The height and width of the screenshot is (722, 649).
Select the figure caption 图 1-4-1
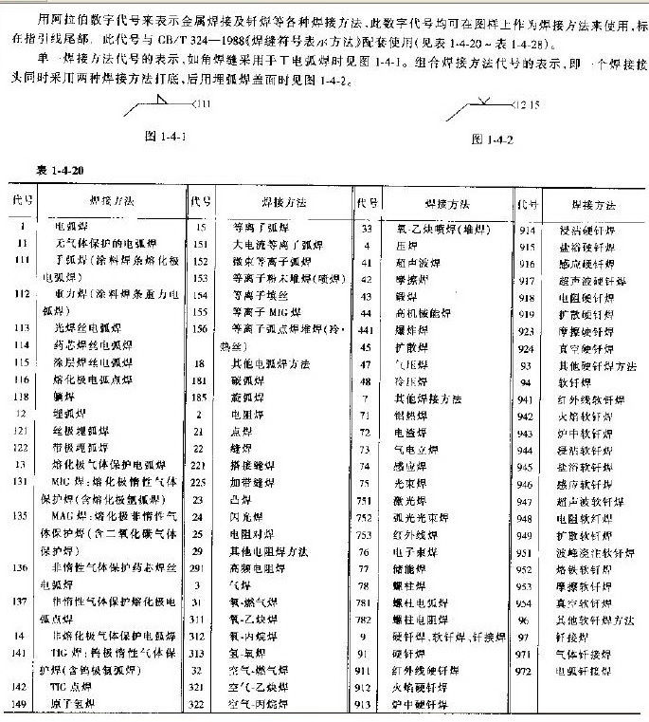162,137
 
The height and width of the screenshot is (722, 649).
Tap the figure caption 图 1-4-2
492,139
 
